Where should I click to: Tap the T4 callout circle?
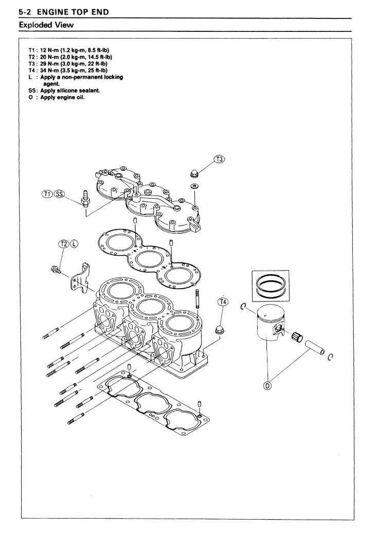[223, 302]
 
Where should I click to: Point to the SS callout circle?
[59, 194]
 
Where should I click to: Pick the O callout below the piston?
[268, 385]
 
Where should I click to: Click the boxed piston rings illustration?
[270, 286]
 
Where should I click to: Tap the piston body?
[270, 322]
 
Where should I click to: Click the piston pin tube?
[315, 347]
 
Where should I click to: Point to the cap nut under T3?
[194, 173]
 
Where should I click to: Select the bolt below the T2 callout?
[56, 270]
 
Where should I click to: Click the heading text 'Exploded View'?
[46, 25]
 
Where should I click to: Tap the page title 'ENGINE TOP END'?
[73, 12]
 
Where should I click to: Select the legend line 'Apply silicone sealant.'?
[70, 91]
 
